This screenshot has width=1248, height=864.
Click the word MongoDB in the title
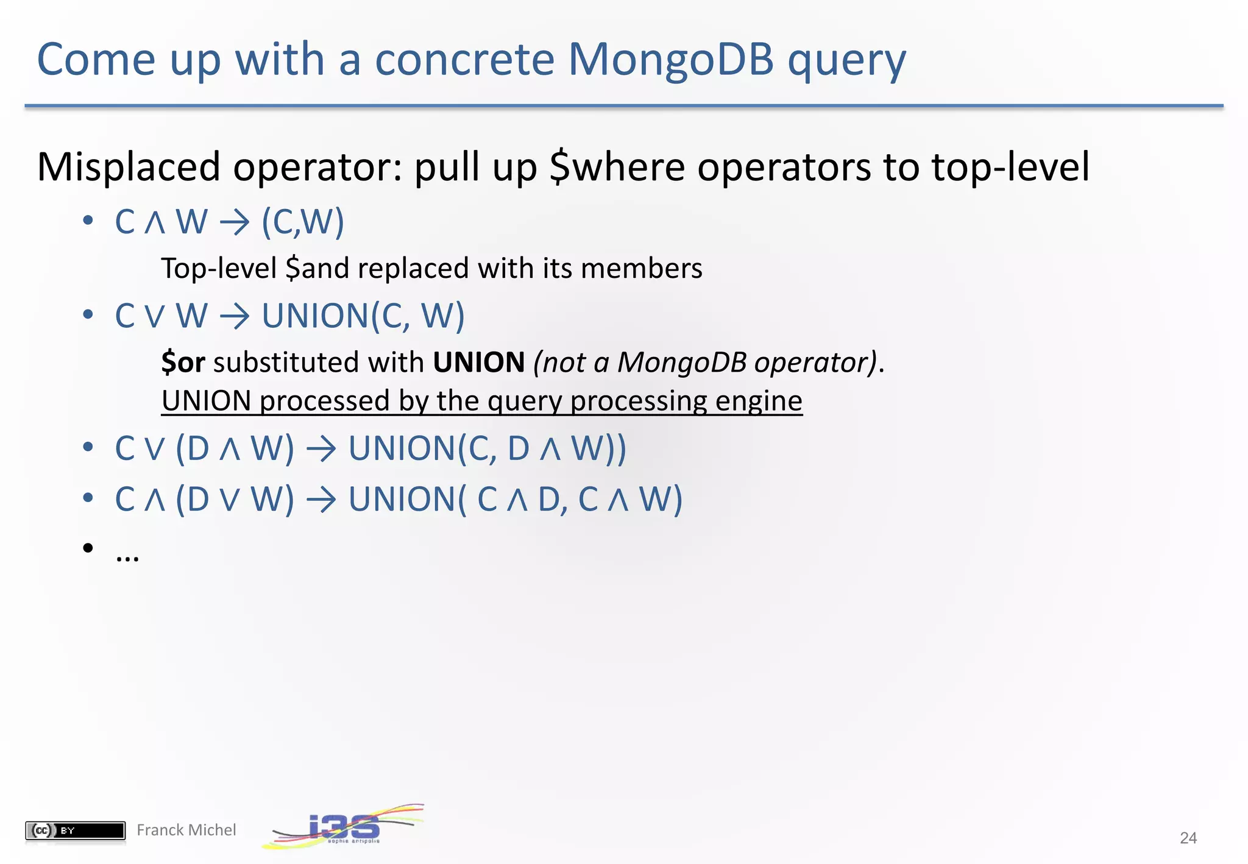[x=670, y=59]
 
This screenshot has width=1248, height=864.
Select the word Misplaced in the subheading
[x=129, y=167]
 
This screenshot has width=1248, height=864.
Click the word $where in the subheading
[x=617, y=167]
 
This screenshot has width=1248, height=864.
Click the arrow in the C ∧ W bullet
[x=235, y=222]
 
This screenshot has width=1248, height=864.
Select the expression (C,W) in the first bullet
[x=303, y=222]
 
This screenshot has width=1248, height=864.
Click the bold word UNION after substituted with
[x=479, y=363]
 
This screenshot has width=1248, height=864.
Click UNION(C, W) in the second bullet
[x=363, y=316]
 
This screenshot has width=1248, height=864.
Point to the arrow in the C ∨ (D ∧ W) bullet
[x=321, y=449]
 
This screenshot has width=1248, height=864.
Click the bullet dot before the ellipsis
[x=88, y=548]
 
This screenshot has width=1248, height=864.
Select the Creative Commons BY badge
[x=75, y=830]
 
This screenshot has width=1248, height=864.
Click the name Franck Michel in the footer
[x=186, y=830]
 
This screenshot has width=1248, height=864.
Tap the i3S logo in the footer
[x=344, y=827]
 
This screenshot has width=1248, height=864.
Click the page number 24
[x=1188, y=838]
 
